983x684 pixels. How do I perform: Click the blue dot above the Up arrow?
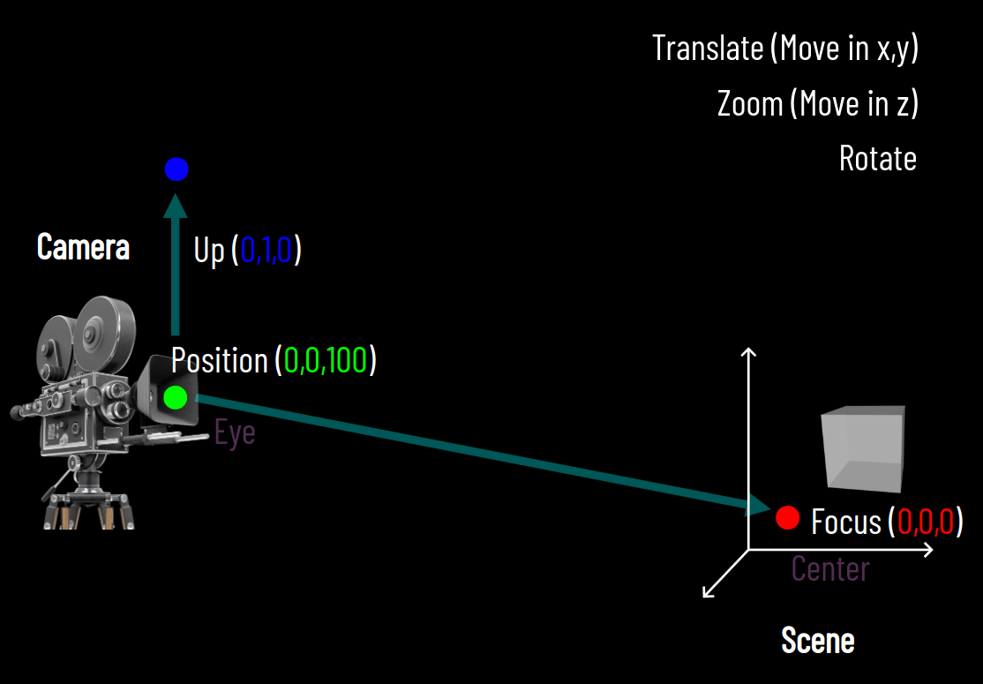pyautogui.click(x=176, y=169)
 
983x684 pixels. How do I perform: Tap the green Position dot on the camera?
pyautogui.click(x=176, y=398)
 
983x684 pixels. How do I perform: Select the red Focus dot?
pyautogui.click(x=787, y=518)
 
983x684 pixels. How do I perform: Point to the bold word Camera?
pyautogui.click(x=83, y=247)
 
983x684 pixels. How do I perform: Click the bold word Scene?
pyautogui.click(x=818, y=640)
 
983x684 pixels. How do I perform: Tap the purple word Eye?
pyautogui.click(x=235, y=433)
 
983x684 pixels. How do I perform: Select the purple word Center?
pyautogui.click(x=830, y=568)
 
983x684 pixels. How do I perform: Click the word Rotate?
pyautogui.click(x=877, y=159)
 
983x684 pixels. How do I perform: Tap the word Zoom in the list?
pyautogui.click(x=750, y=104)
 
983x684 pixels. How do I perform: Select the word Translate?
pyautogui.click(x=708, y=48)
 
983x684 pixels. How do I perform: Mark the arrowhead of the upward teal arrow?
pyautogui.click(x=176, y=205)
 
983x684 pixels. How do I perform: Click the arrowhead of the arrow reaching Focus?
pyautogui.click(x=759, y=506)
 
